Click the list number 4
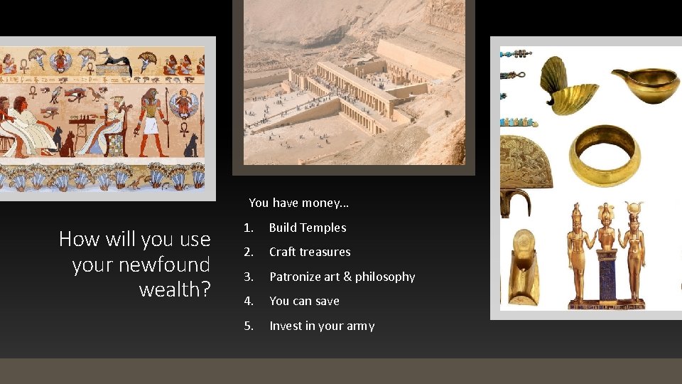248,301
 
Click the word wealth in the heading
170,290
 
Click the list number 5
248,326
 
